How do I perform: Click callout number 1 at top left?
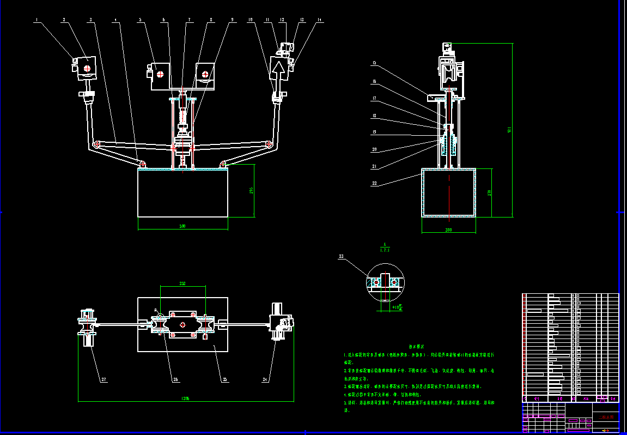(x=36, y=20)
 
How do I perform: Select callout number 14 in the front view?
(x=320, y=20)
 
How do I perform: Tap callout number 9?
(x=232, y=20)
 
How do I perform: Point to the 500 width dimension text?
(x=182, y=226)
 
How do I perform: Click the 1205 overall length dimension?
(x=185, y=398)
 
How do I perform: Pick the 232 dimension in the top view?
(x=182, y=283)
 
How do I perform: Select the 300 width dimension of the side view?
(x=449, y=230)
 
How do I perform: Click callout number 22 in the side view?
(x=374, y=184)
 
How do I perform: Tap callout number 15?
(x=374, y=63)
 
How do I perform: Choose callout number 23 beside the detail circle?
(x=342, y=256)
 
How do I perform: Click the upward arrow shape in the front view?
(x=279, y=70)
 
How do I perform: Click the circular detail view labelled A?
(x=385, y=282)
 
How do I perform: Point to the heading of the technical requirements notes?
(x=417, y=346)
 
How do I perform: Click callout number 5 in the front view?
(x=140, y=20)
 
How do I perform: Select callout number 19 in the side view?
(x=374, y=132)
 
